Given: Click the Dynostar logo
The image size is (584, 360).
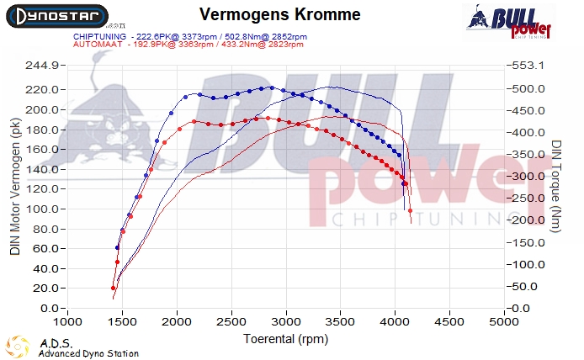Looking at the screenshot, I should coord(56,16).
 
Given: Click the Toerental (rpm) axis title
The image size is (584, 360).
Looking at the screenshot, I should coord(285,338).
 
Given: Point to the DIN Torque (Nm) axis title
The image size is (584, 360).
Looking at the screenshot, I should coord(557,187).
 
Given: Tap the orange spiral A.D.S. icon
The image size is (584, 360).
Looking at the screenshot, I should coord(19,347).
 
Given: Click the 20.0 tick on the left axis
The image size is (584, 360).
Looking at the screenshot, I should coord(45,289).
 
